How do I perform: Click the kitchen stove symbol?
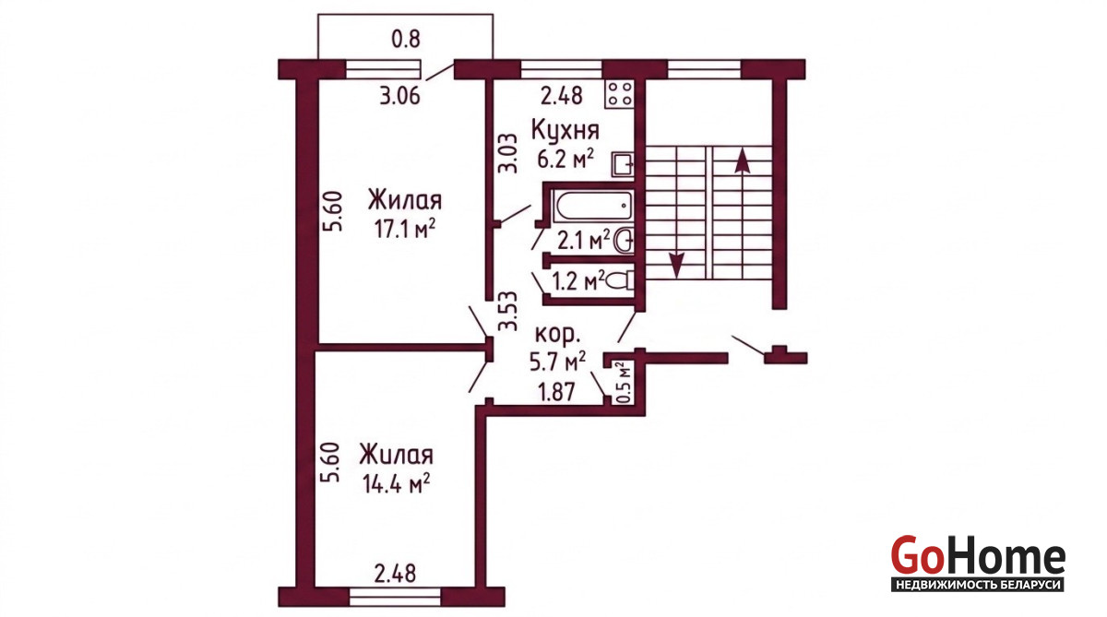(620, 94)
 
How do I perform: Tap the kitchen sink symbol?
(623, 164)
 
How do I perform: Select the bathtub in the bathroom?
(593, 206)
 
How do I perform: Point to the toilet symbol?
(620, 280)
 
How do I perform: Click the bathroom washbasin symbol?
(624, 241)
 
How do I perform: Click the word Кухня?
(565, 130)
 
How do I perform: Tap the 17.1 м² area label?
(405, 229)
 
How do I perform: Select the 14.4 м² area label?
(396, 483)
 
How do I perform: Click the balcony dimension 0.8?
(406, 39)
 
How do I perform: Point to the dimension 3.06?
(399, 96)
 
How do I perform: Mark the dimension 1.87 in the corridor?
(556, 392)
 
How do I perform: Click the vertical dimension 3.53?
(507, 311)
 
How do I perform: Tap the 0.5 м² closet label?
(624, 383)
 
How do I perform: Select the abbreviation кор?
(558, 335)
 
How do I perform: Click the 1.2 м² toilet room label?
(578, 281)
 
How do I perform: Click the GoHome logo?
(978, 564)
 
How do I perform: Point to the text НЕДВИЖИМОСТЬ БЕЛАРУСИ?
(978, 585)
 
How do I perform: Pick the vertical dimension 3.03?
(507, 153)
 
